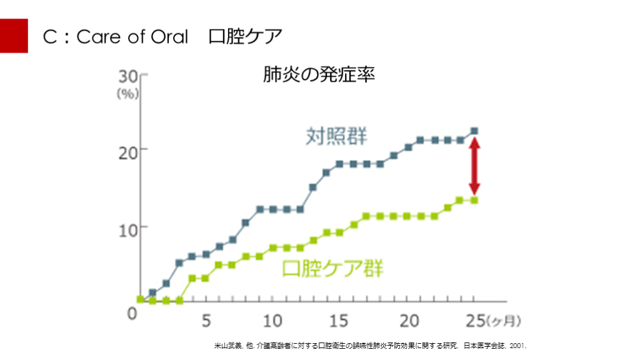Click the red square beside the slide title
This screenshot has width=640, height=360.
14,36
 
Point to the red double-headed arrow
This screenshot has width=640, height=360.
474,166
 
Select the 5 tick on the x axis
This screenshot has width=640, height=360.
206,321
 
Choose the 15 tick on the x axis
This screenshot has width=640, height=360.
339,321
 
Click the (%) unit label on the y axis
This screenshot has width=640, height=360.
127,94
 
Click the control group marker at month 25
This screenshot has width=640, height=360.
474,131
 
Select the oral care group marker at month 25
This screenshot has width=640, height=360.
474,200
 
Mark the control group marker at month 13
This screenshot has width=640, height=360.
312,187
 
